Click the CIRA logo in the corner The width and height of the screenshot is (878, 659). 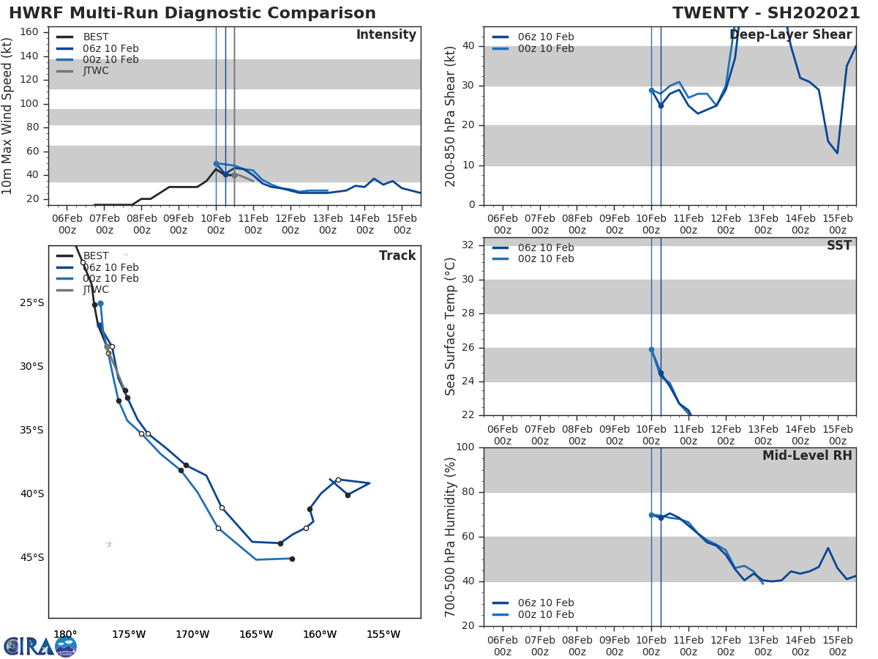pyautogui.click(x=40, y=646)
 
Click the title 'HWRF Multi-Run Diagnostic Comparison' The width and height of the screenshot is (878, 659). pyautogui.click(x=192, y=13)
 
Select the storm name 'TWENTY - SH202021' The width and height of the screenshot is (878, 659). pyautogui.click(x=766, y=13)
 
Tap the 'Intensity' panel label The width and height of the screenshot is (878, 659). pyautogui.click(x=386, y=35)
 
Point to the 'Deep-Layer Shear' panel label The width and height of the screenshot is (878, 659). pyautogui.click(x=790, y=35)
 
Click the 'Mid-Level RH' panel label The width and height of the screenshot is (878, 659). pyautogui.click(x=807, y=455)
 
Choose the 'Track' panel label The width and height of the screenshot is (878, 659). pyautogui.click(x=397, y=256)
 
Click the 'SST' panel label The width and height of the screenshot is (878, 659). pyautogui.click(x=838, y=246)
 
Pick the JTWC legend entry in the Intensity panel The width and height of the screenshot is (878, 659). pyautogui.click(x=96, y=71)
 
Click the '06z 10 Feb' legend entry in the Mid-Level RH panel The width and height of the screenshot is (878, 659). pyautogui.click(x=546, y=603)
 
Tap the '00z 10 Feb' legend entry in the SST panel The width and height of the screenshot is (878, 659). pyautogui.click(x=546, y=259)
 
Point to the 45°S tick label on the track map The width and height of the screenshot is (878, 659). pyautogui.click(x=32, y=557)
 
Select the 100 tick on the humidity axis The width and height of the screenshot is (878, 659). pyautogui.click(x=465, y=447)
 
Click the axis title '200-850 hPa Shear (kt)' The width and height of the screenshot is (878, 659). pyautogui.click(x=451, y=116)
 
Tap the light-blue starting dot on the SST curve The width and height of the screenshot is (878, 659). pyautogui.click(x=651, y=349)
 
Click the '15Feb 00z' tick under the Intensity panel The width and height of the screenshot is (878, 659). pyautogui.click(x=402, y=223)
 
